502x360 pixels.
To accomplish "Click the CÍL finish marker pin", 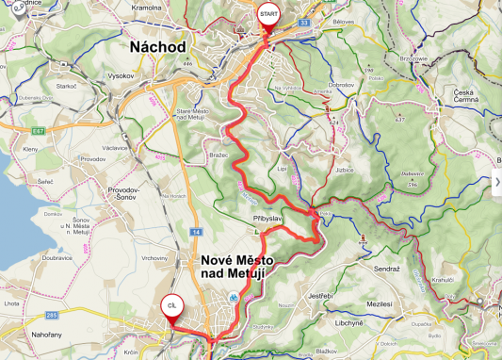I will click(x=171, y=308).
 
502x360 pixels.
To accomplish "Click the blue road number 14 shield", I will click(x=195, y=231).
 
